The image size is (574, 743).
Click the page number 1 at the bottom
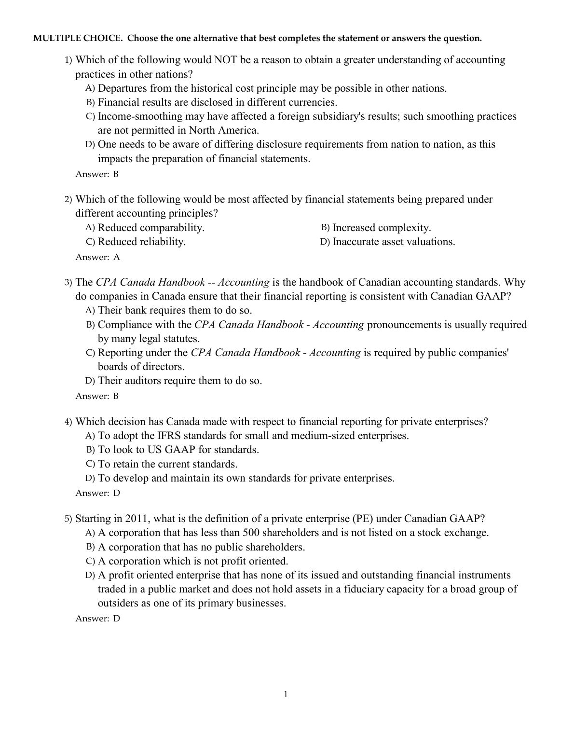(286, 694)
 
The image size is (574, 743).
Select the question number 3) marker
(68, 282)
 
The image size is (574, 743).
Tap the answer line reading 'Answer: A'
(97, 257)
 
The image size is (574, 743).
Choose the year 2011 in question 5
(137, 519)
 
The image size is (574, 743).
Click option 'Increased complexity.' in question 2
(382, 228)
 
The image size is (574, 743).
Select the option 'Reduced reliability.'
(141, 242)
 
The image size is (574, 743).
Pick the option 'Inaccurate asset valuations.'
(394, 242)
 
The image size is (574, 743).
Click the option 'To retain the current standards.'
(167, 464)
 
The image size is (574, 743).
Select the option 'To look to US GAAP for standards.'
(178, 450)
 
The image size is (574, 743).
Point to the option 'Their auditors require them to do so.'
(180, 381)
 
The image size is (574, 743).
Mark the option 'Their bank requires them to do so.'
(175, 310)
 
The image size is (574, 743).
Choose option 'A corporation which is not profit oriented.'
(193, 561)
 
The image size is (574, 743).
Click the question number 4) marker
(68, 422)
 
